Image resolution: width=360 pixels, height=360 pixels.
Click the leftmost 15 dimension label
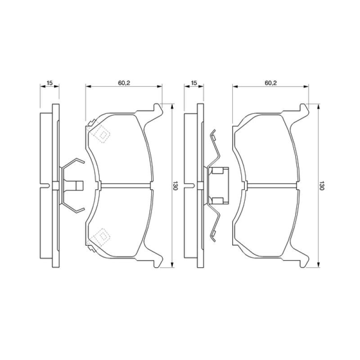[x=50, y=83]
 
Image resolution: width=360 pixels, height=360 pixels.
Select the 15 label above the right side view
[x=194, y=83]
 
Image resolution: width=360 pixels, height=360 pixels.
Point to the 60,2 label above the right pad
[x=270, y=83]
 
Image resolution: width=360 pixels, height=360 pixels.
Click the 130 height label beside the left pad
[x=176, y=186]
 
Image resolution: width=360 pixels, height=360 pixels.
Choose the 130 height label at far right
[x=322, y=186]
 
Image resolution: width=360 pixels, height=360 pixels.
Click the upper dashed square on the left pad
[x=102, y=134]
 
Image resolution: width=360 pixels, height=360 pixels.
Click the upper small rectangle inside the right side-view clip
[x=219, y=171]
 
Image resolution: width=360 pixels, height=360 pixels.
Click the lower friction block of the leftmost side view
[x=45, y=223]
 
